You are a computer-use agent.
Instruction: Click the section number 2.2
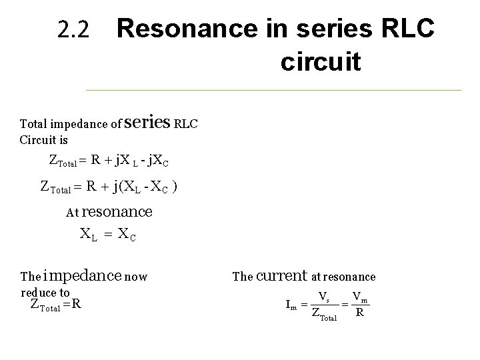coord(73,30)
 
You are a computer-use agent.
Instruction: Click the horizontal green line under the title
coord(273,89)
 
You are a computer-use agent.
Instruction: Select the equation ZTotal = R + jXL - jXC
coord(109,160)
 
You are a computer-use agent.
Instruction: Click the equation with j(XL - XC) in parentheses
coord(109,187)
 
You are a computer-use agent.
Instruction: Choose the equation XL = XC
coord(108,234)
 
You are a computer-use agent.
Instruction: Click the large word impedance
coord(83,275)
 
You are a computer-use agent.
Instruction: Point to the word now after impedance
coord(136,276)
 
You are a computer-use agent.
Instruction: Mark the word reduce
coord(39,293)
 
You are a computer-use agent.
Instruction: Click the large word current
coord(281,275)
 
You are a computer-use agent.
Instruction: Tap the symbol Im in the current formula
coord(291,305)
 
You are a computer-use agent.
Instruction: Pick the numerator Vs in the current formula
coord(323,296)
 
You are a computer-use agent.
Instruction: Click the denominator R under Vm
coord(360,312)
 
